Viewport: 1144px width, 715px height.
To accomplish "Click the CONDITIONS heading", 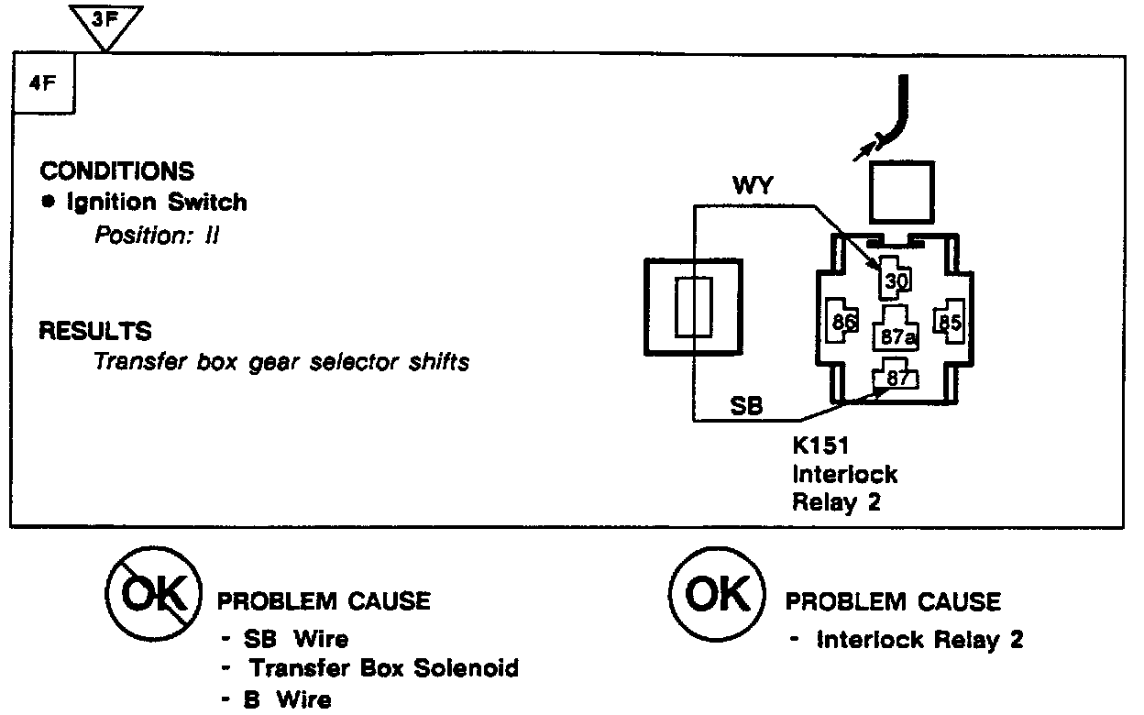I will point(116,171).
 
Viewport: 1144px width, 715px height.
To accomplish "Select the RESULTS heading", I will point(95,330).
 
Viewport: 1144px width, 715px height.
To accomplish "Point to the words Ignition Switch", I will point(156,203).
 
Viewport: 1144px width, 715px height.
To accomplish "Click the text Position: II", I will point(157,236).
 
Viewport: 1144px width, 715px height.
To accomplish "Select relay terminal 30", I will point(896,280).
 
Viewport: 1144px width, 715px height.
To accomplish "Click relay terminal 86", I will point(843,322).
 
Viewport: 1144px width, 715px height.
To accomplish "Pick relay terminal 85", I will point(949,322).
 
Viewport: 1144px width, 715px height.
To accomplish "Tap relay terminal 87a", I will point(897,336).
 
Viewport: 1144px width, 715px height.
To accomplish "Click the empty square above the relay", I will point(901,192).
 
